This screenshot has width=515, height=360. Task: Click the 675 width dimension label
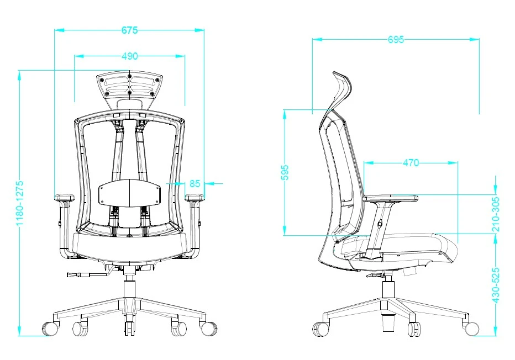(129, 30)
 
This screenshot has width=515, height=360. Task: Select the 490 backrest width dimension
(130, 56)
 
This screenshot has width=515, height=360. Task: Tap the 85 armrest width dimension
(195, 183)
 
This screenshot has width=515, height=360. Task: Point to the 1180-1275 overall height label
(20, 203)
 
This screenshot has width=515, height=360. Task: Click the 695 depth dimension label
(396, 39)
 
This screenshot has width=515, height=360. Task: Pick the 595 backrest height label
(285, 172)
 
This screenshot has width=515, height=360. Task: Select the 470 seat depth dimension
(411, 162)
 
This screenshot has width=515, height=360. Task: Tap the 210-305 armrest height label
(496, 214)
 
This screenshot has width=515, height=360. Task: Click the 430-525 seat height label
(496, 285)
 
